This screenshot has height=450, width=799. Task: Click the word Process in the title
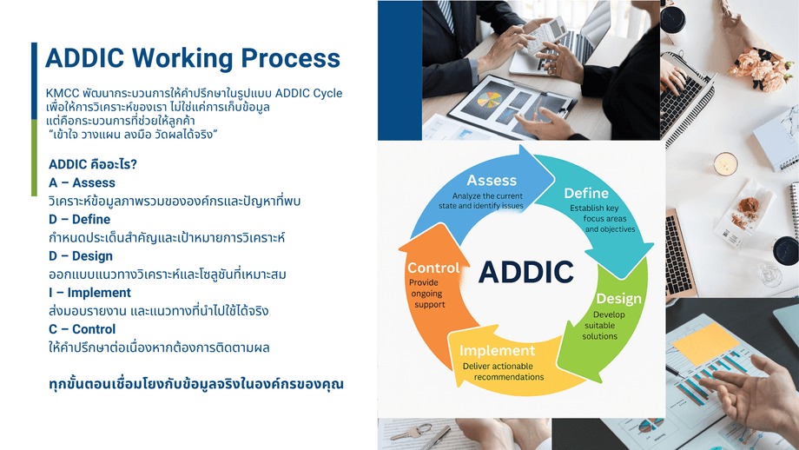click(290, 58)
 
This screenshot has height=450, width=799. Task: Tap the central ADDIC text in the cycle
click(526, 272)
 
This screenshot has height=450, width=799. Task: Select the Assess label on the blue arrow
click(492, 181)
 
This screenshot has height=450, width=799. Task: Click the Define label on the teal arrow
click(586, 193)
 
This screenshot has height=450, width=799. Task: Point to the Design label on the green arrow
click(618, 299)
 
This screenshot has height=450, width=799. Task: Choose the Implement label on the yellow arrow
click(498, 351)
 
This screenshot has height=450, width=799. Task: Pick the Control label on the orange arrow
click(433, 268)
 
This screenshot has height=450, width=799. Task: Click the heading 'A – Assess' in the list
click(82, 182)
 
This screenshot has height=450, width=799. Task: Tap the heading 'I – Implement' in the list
click(89, 293)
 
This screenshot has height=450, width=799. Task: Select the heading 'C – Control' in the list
click(82, 329)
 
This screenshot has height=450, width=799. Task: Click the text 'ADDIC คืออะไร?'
click(93, 164)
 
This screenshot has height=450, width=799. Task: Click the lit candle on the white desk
click(725, 164)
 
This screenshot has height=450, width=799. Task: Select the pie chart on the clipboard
click(489, 99)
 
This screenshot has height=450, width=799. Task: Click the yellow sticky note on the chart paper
click(705, 343)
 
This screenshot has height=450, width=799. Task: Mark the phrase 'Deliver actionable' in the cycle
click(491, 366)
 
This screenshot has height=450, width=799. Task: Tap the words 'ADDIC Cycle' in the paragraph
click(309, 93)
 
